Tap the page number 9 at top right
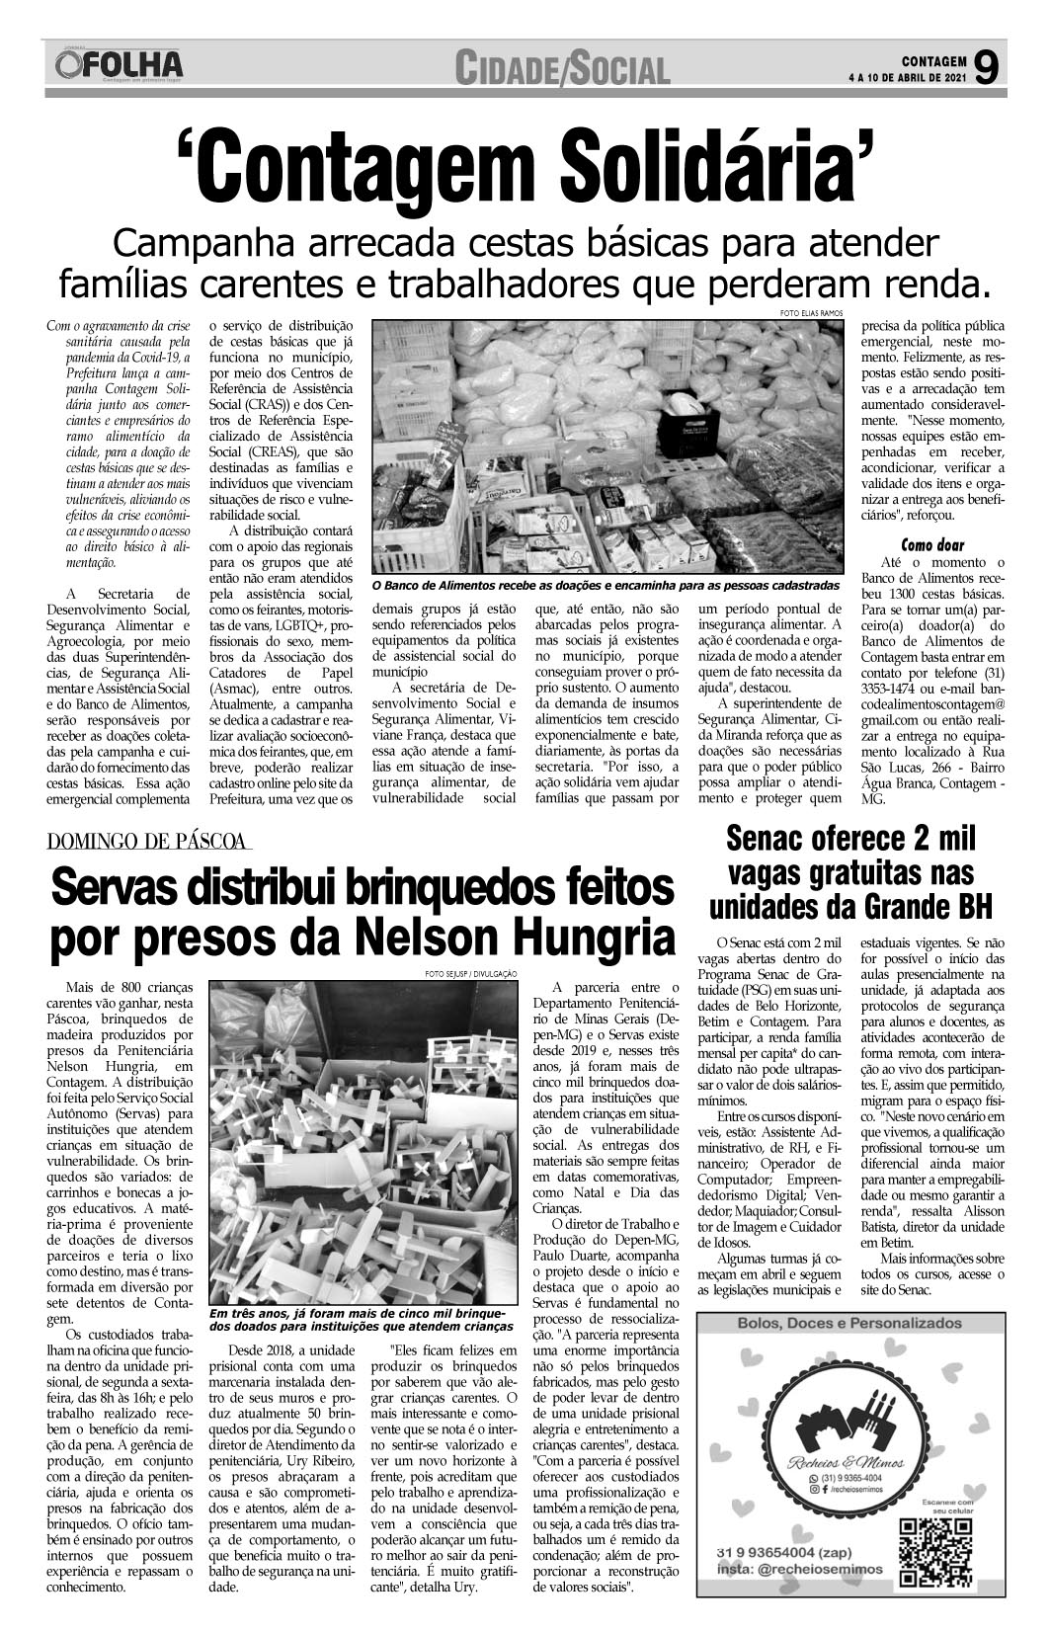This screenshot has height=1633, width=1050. click(x=986, y=67)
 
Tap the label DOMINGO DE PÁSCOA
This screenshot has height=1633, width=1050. click(x=148, y=842)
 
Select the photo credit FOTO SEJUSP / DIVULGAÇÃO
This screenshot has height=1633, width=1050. click(x=471, y=974)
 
